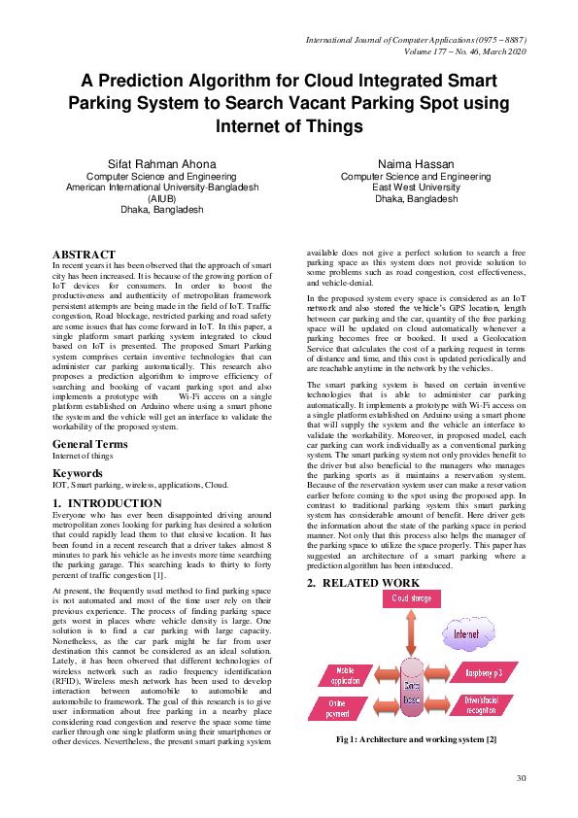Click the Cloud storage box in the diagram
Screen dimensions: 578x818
pos(413,599)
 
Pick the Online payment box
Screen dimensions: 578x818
pos(337,707)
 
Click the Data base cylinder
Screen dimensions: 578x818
pos(412,690)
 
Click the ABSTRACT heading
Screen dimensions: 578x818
pos(84,254)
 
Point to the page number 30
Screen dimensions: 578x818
pos(521,778)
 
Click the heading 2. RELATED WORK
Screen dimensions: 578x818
pos(363,583)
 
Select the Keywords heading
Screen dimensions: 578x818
pos(78,473)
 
